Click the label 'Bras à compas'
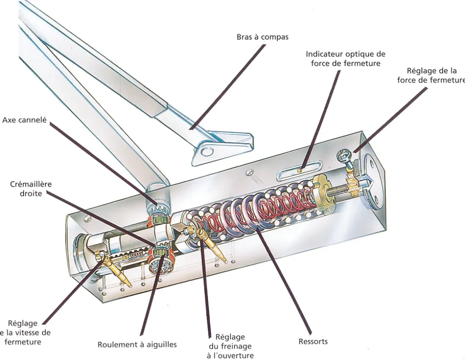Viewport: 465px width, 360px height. click(x=262, y=37)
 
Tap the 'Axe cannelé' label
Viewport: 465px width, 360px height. click(x=24, y=120)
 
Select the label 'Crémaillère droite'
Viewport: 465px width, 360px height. click(x=30, y=188)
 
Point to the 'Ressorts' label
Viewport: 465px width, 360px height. click(x=313, y=341)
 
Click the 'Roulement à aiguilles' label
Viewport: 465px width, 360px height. click(x=137, y=344)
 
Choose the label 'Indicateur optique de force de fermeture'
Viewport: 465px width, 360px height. click(x=345, y=58)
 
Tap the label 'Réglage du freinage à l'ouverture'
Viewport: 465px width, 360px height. click(x=230, y=346)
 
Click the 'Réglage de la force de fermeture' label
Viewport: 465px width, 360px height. click(x=431, y=75)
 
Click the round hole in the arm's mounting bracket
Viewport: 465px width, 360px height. click(x=208, y=152)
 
